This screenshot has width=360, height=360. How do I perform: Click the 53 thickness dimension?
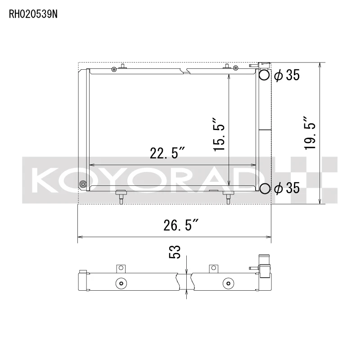[x=175, y=252]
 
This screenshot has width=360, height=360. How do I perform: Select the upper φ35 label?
[x=287, y=76]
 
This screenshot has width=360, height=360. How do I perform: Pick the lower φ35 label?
[x=287, y=189]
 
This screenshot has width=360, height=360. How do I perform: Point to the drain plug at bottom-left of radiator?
[x=82, y=184]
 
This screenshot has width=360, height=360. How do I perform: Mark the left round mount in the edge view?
[x=121, y=283]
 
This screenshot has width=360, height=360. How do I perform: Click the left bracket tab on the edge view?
[x=120, y=268]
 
